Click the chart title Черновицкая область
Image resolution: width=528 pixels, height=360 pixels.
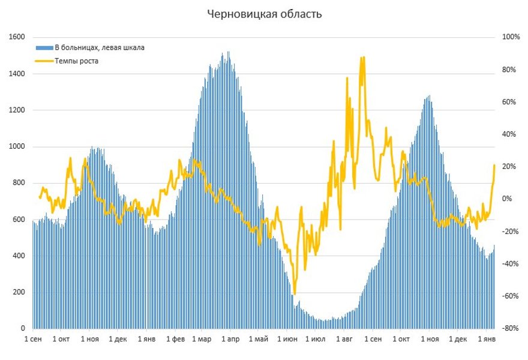point(264,14)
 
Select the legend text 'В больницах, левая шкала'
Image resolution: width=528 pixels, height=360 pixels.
point(100,47)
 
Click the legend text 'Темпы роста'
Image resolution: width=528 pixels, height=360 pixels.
point(76,61)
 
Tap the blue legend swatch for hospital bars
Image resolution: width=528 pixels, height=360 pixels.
point(44,47)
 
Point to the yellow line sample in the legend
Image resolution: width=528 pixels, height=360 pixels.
point(44,61)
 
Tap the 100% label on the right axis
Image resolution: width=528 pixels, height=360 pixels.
point(511,37)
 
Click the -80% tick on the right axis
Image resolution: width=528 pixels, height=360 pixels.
point(511,329)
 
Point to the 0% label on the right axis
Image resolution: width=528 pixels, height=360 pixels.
point(507,199)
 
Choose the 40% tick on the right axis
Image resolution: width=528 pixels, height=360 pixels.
point(509,134)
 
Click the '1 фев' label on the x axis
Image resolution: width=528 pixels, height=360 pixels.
point(175,340)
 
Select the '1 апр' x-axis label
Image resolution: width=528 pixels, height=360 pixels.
point(230,340)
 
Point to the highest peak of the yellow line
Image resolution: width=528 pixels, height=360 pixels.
point(362,58)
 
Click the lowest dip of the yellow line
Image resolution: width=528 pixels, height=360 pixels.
point(294,294)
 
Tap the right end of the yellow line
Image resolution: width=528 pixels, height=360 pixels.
point(494,165)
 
